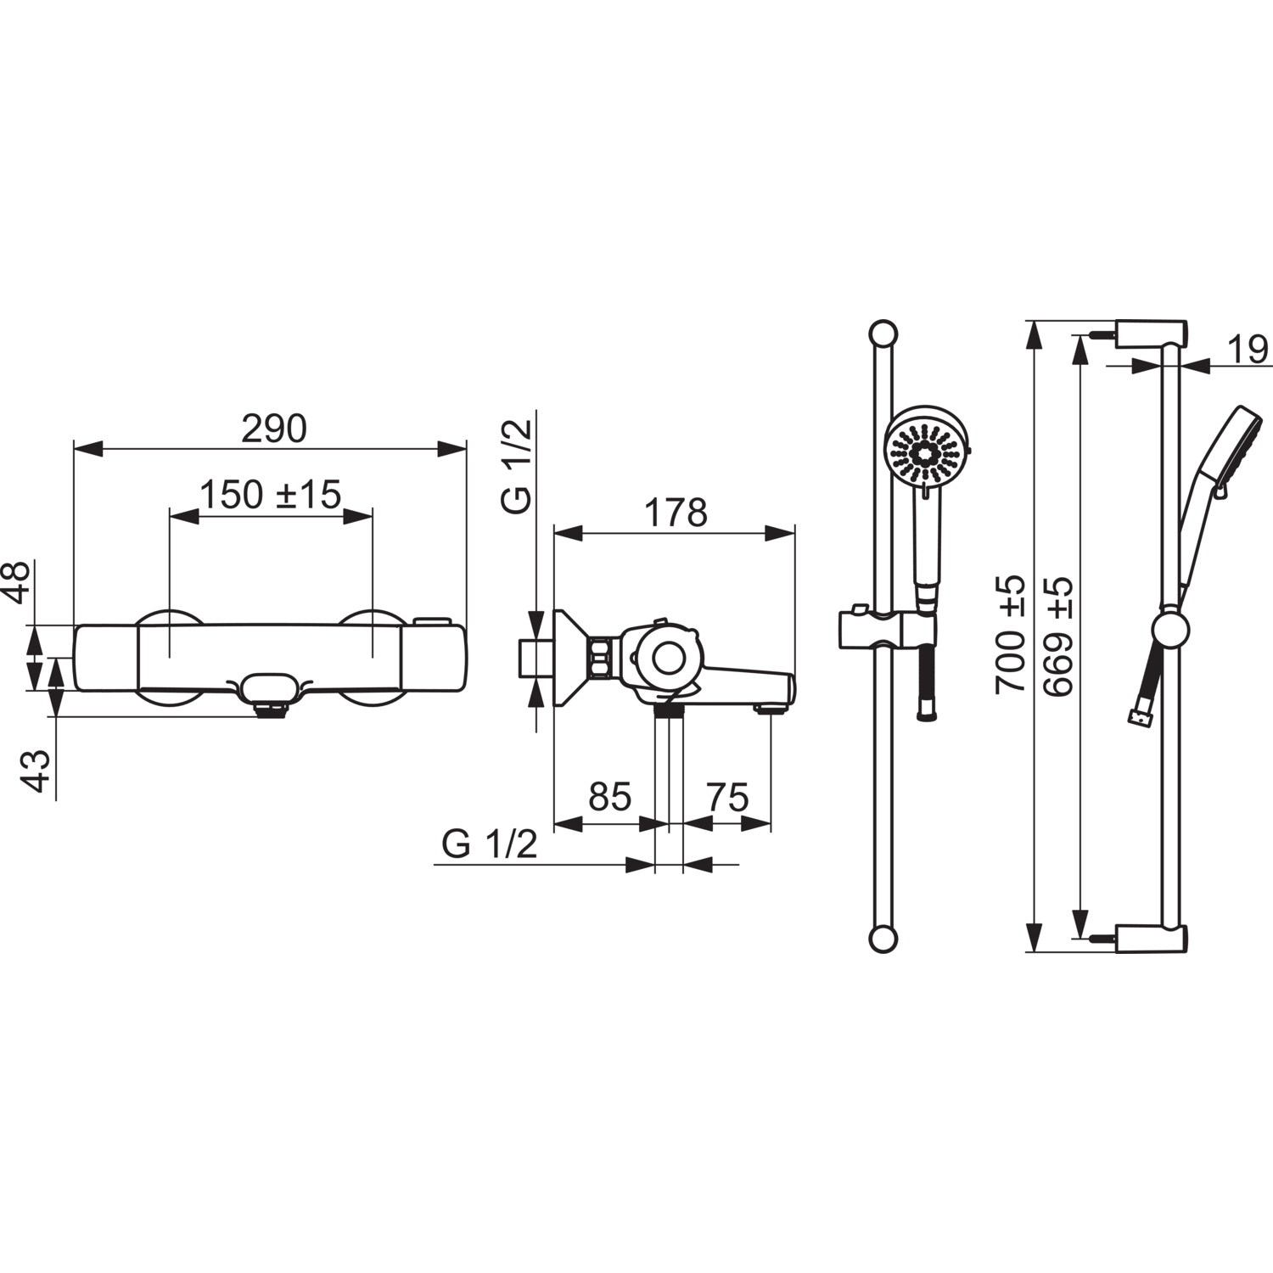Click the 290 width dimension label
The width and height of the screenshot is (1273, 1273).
coord(274,429)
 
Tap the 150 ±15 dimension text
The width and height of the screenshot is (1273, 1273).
coord(270,495)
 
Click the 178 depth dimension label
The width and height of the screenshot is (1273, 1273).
coord(676,513)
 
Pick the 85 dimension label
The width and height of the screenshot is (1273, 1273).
coord(610,797)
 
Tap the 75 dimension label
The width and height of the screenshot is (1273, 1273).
coord(727,798)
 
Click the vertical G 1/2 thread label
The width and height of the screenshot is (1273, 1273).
coord(517,466)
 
